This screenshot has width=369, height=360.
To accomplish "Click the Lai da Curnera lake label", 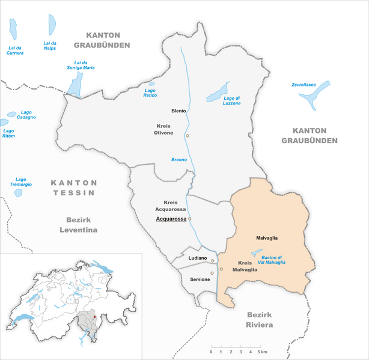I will (x=15, y=50).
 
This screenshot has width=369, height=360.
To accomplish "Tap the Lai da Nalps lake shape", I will (x=52, y=25).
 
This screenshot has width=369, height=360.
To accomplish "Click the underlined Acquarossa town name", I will (x=171, y=219).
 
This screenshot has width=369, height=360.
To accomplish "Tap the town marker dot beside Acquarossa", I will (x=190, y=219).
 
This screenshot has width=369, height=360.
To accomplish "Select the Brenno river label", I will (x=178, y=159).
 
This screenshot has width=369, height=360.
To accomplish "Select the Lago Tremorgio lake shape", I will (x=18, y=193).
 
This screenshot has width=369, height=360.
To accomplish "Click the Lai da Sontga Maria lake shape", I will (x=75, y=85).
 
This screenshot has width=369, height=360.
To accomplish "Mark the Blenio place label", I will (x=178, y=111).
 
